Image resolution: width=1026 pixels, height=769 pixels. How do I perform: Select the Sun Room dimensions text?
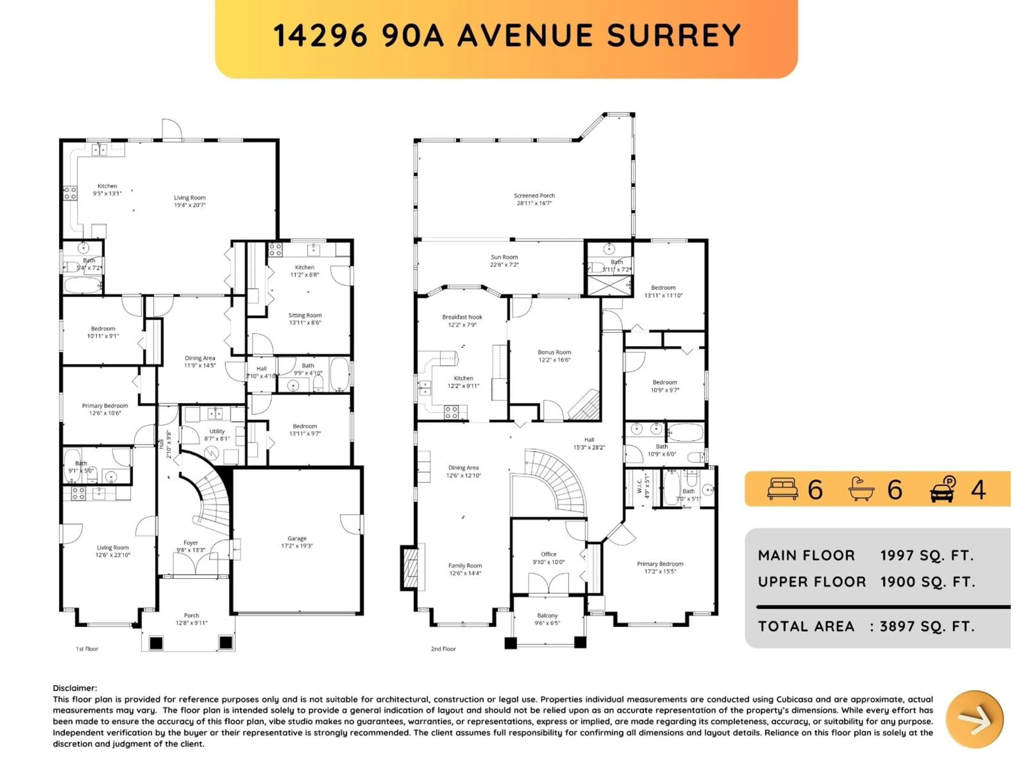[504, 265]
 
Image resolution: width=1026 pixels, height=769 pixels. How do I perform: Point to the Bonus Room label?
[554, 352]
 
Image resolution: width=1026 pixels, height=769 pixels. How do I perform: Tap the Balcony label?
[547, 615]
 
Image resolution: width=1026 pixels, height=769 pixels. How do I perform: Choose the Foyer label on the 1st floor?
[191, 543]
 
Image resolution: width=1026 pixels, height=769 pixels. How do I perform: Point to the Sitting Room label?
[305, 315]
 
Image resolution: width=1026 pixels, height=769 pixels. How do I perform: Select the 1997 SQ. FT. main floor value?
[927, 555]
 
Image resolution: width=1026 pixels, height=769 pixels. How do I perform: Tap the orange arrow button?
[974, 719]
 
